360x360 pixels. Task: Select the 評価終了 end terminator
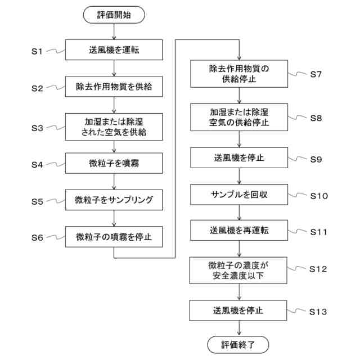pos(238,343)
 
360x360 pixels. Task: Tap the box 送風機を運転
pos(114,50)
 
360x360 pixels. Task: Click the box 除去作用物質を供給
pos(114,88)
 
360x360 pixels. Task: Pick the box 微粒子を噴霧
pos(114,164)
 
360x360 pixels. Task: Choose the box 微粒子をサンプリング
pos(114,200)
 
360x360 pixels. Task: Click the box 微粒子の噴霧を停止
pos(114,237)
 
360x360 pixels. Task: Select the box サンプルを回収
pos(238,194)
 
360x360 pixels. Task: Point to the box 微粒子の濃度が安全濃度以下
pos(238,269)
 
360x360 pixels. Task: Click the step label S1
pos(37,51)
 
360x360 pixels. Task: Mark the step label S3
pos(37,128)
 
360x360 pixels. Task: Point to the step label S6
pos(37,237)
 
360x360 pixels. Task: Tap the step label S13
pos(318,311)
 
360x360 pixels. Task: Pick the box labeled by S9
pos(238,158)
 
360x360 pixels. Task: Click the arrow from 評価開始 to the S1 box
pos(114,31)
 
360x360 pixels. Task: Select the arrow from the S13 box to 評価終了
pos(238,328)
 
